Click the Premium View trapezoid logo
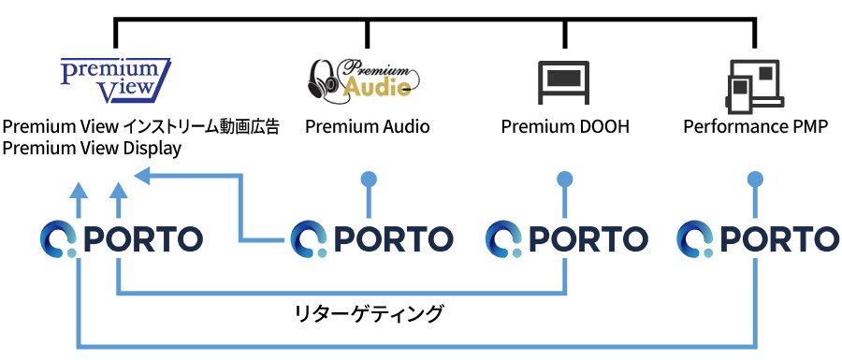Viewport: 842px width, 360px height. (115, 80)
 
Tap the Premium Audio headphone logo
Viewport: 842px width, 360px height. (364, 79)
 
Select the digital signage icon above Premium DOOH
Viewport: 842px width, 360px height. (564, 82)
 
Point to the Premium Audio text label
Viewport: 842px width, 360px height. (368, 126)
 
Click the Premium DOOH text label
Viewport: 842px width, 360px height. (565, 126)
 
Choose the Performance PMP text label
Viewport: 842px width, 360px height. (756, 126)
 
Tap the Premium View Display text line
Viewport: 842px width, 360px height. (92, 148)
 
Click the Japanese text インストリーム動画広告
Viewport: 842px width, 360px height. (202, 126)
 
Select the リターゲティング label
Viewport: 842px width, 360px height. (370, 313)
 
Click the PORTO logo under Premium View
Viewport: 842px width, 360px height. (122, 239)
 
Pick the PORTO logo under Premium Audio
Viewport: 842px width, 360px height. (371, 239)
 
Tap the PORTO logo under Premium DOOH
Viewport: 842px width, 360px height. (567, 239)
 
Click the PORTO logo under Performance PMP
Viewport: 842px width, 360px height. (758, 239)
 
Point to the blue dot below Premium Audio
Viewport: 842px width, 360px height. (369, 179)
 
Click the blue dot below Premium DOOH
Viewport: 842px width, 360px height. (565, 179)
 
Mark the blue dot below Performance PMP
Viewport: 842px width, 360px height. (756, 179)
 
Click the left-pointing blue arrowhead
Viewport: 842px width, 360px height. (142, 176)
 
